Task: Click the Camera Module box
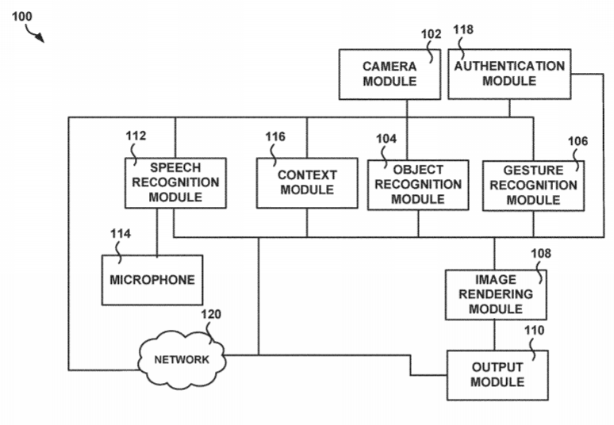click(x=390, y=75)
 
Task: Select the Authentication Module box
click(x=509, y=74)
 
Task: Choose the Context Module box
click(x=307, y=182)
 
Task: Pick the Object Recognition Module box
click(x=417, y=184)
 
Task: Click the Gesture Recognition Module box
click(x=533, y=186)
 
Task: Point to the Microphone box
click(x=152, y=280)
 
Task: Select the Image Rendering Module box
click(x=495, y=294)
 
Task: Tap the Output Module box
click(x=497, y=375)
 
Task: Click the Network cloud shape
click(x=182, y=359)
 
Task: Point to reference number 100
click(x=22, y=16)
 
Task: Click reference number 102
click(x=431, y=33)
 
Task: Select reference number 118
click(x=462, y=29)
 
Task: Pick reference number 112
click(x=136, y=136)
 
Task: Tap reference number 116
click(x=275, y=137)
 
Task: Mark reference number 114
click(x=120, y=234)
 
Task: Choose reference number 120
click(x=210, y=314)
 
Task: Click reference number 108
click(x=540, y=254)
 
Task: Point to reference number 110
click(x=535, y=329)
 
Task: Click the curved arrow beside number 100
click(x=36, y=33)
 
